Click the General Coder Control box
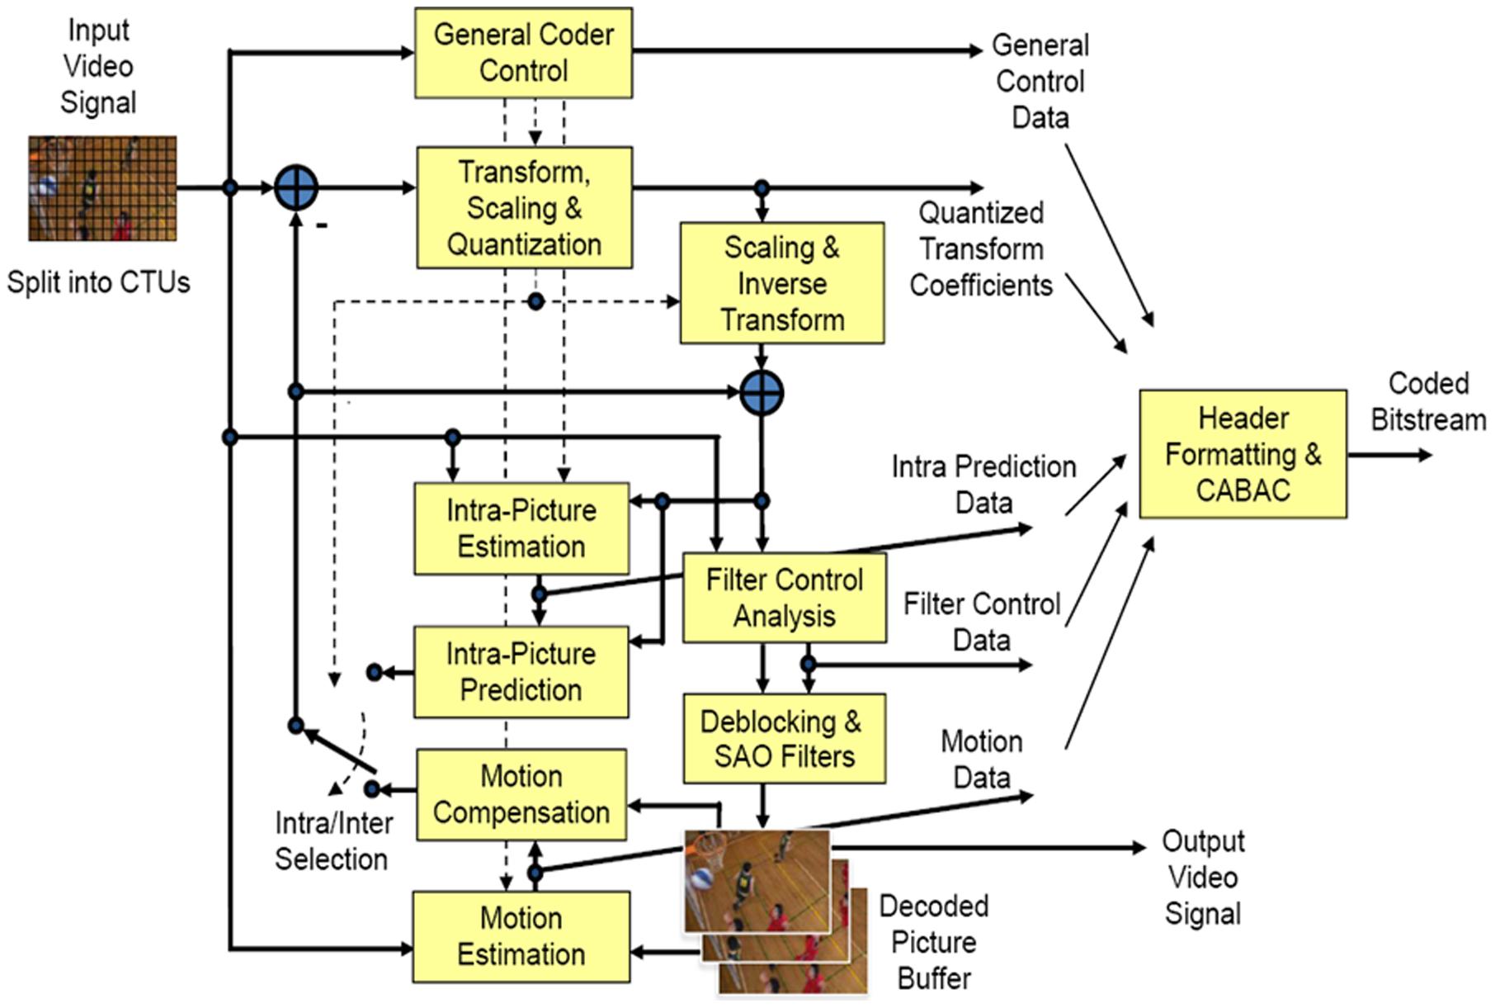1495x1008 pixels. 523,53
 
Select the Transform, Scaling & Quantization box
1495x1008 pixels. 524,208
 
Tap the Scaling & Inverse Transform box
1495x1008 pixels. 781,283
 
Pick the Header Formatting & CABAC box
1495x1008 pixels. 1243,454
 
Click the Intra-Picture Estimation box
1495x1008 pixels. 521,528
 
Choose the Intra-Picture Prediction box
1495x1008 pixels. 521,672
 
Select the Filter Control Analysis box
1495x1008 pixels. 784,598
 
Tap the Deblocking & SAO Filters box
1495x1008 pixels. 784,738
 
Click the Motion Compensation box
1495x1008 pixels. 521,794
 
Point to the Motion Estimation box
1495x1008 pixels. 521,936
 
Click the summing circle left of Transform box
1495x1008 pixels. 295,187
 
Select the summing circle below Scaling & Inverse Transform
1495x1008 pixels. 762,393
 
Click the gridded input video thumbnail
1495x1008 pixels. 102,188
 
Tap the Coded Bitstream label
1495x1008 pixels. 1428,401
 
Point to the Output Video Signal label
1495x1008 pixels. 1203,877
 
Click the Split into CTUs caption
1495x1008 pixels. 98,282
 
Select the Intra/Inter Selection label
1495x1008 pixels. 332,841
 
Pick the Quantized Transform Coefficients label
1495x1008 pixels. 981,248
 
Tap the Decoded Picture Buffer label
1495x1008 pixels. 934,942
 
